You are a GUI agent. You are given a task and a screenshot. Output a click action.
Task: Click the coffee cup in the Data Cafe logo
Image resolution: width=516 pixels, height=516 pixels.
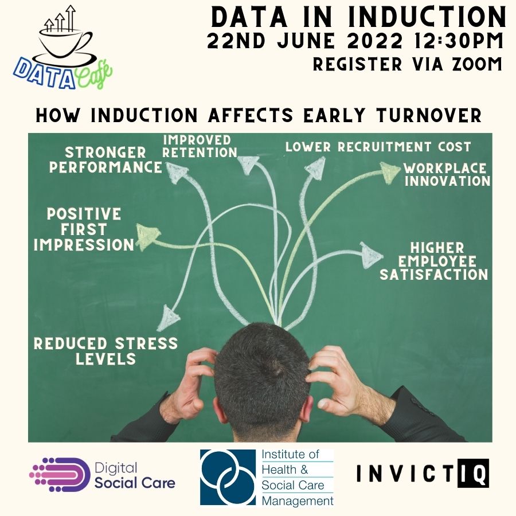[x=64, y=42]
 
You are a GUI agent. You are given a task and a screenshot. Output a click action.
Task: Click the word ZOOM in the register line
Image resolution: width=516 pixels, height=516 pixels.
[x=475, y=64]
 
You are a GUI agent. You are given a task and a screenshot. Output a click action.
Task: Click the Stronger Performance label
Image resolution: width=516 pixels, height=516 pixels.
[x=105, y=159]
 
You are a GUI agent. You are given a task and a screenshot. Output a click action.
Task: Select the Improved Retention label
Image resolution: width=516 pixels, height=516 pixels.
[x=200, y=146]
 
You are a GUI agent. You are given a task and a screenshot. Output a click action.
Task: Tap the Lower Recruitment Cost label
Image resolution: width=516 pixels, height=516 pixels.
[x=378, y=147]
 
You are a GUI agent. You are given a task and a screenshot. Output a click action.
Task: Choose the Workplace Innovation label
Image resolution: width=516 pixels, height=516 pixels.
[x=447, y=175]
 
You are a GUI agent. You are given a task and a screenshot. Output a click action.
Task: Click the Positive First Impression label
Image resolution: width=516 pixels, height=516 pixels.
[x=84, y=229]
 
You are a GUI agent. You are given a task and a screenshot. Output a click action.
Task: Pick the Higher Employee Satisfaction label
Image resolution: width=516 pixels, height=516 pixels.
[x=434, y=261]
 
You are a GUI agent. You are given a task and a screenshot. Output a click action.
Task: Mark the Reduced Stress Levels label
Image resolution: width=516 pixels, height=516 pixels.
[x=105, y=351]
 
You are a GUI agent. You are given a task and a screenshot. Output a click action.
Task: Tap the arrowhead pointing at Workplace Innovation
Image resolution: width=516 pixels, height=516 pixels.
[x=391, y=170]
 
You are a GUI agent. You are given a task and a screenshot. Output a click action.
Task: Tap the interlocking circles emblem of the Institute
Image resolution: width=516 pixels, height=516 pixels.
[x=228, y=477]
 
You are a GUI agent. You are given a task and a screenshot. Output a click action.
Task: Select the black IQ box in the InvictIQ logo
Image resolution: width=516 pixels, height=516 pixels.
[x=474, y=474]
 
